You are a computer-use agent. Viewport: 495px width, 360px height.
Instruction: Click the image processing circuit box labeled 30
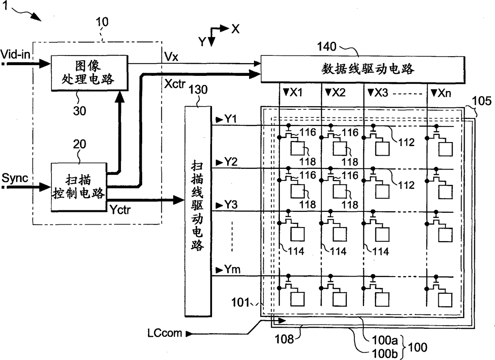pos(89,73)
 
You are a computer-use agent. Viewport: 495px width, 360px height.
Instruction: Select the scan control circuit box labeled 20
pos(79,187)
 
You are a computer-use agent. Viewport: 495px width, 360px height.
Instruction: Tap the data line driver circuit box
pos(363,69)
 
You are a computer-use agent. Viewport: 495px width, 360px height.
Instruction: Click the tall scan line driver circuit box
pos(198,211)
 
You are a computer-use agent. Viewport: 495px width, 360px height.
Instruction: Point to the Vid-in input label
pos(15,54)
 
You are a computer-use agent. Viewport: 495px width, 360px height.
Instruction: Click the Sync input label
pos(15,178)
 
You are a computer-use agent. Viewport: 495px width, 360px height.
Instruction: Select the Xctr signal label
pos(175,84)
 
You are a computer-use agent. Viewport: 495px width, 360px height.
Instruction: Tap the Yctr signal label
pos(120,209)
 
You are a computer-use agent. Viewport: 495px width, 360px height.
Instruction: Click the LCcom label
pos(164,333)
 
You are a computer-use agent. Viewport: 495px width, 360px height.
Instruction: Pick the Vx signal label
pos(171,57)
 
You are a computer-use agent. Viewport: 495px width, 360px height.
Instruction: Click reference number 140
pos(327,47)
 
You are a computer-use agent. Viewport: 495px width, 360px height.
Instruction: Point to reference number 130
pos(198,89)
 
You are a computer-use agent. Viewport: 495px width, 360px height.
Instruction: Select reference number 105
pos(482,101)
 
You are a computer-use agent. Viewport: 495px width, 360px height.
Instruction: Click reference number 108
pos(284,339)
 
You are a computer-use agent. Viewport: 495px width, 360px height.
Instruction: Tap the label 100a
pos(385,340)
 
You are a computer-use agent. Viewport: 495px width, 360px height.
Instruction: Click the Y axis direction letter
pos(202,42)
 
